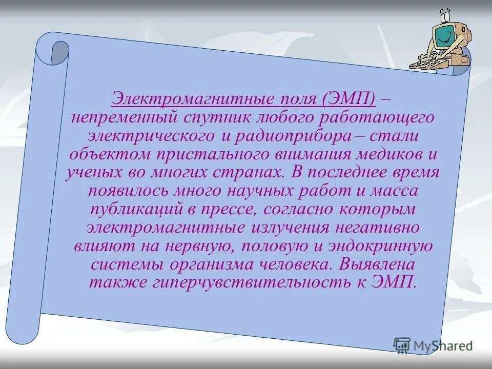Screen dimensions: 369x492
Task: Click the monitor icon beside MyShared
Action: pyautogui.click(x=402, y=345)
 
